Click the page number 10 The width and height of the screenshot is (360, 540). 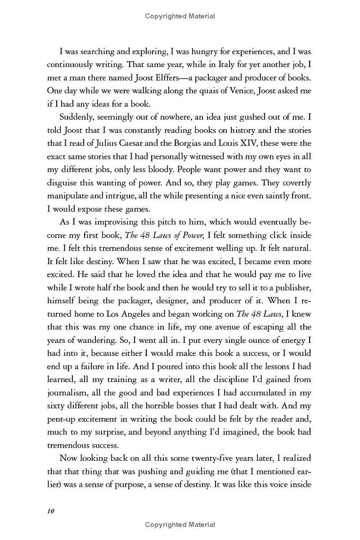(50, 511)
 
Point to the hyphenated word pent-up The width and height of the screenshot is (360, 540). (62, 418)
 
